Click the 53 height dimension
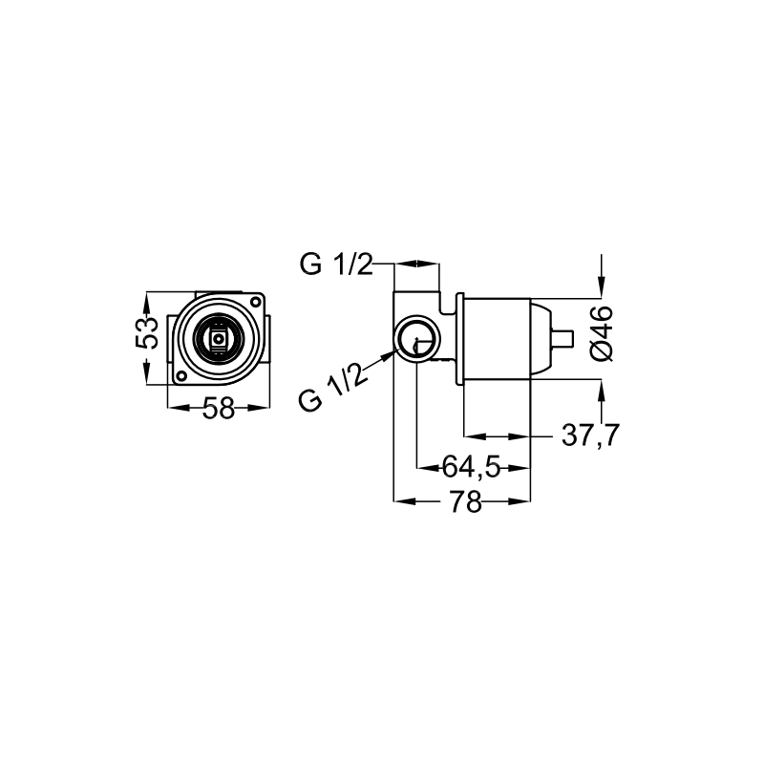pyautogui.click(x=146, y=336)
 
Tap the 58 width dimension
pyautogui.click(x=219, y=409)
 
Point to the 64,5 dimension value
pyautogui.click(x=472, y=467)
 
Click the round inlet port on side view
pyautogui.click(x=416, y=338)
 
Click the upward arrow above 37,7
pyautogui.click(x=601, y=390)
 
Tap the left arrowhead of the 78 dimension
pyautogui.click(x=402, y=500)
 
